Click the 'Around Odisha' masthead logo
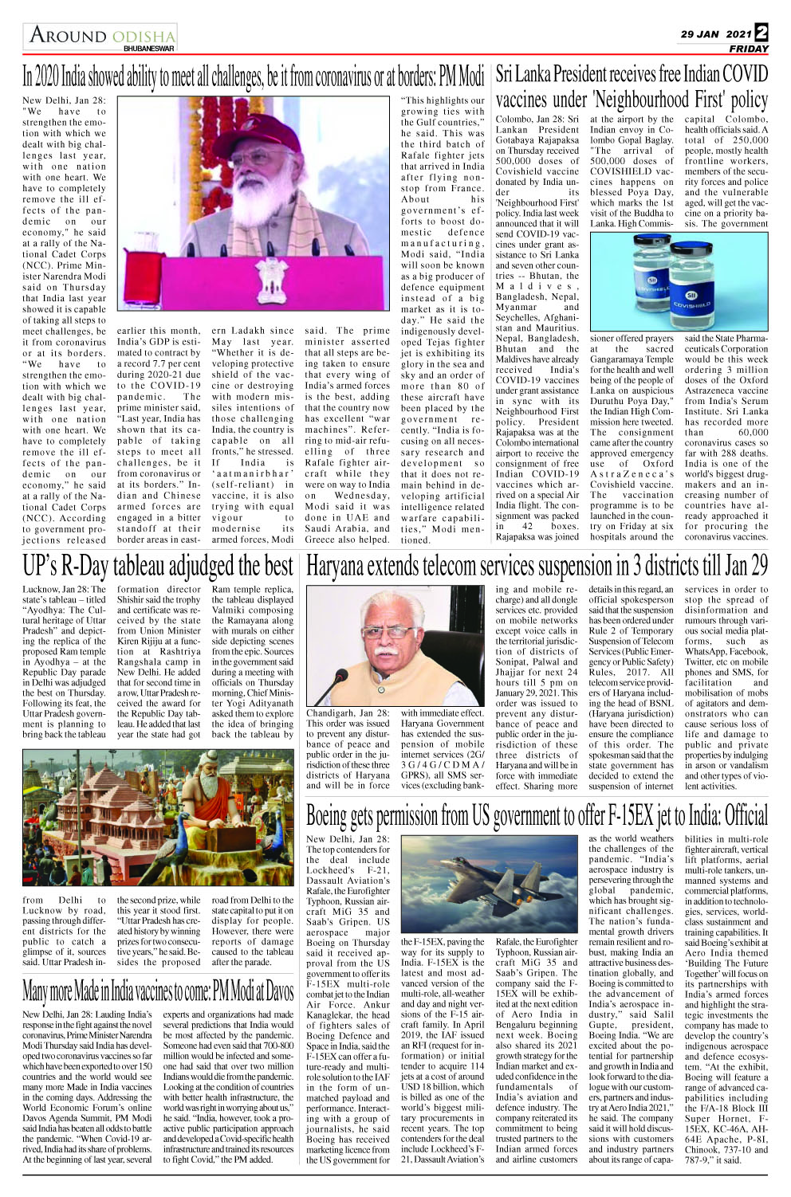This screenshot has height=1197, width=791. (102, 35)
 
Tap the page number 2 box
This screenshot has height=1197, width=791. (761, 33)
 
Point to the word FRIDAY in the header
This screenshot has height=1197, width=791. (748, 49)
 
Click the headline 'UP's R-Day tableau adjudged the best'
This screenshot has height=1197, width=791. (158, 567)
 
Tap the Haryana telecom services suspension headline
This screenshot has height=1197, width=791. (537, 567)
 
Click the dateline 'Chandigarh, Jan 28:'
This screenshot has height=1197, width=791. (348, 713)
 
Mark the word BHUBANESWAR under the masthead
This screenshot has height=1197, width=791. (148, 49)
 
